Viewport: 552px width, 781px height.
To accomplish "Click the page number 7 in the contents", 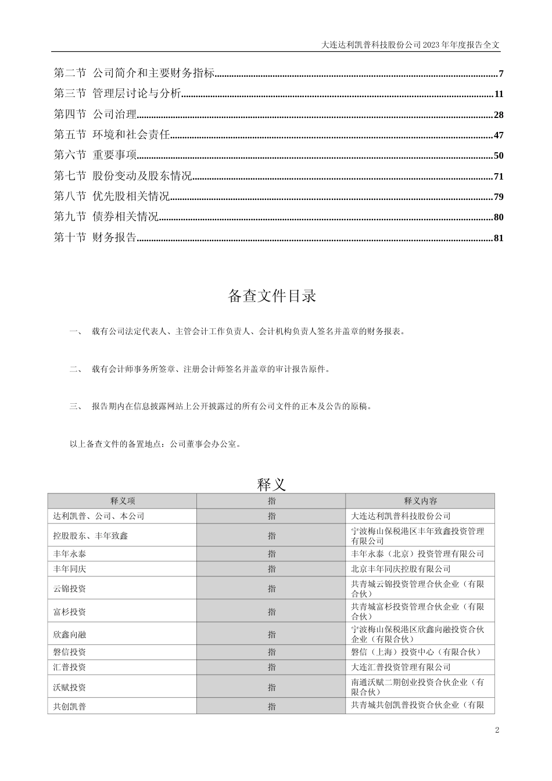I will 500,74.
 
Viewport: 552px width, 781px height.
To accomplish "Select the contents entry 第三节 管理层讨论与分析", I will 117,94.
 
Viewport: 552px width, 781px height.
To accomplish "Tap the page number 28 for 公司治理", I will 498,115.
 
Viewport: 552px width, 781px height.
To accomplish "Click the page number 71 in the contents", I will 498,177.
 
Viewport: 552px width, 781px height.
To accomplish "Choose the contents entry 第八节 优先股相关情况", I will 112,197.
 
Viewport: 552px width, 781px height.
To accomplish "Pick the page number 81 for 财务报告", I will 498,238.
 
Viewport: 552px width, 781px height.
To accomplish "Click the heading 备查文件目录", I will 272,296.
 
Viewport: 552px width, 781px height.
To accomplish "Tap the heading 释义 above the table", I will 271,484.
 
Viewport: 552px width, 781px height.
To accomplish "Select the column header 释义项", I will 123,501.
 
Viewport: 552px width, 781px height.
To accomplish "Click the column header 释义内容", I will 421,501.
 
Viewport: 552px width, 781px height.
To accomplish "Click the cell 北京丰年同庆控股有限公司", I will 401,569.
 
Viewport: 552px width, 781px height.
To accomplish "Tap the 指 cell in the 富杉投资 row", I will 271,612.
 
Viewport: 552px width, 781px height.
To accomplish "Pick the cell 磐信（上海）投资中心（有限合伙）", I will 416,653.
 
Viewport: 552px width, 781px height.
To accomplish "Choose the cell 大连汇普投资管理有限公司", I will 401,668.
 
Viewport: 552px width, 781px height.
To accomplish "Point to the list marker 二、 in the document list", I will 76,369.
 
